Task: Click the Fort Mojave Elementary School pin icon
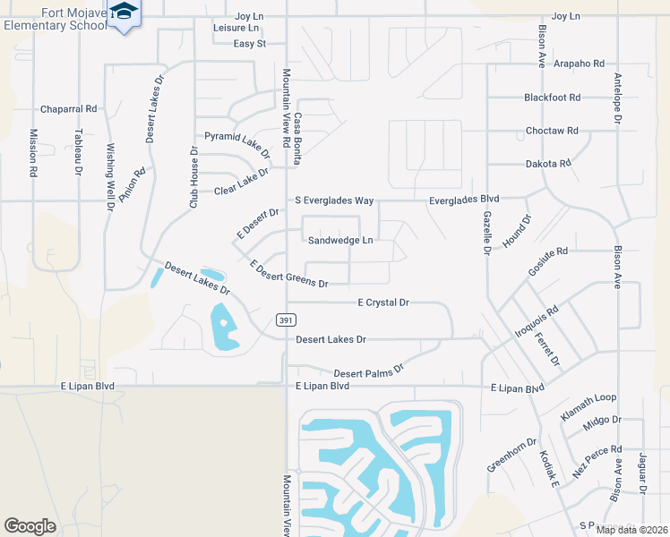pos(125,13)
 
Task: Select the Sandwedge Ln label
pos(340,240)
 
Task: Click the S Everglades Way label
pos(334,200)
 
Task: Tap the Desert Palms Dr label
pos(369,370)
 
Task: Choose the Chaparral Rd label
pos(68,109)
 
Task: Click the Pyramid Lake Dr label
pos(236,138)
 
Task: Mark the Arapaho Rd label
pos(579,64)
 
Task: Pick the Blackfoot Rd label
pos(553,98)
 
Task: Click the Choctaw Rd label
pos(552,131)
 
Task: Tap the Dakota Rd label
pos(547,164)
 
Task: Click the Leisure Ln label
pos(236,28)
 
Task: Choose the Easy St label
pos(250,43)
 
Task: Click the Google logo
pos(30,525)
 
